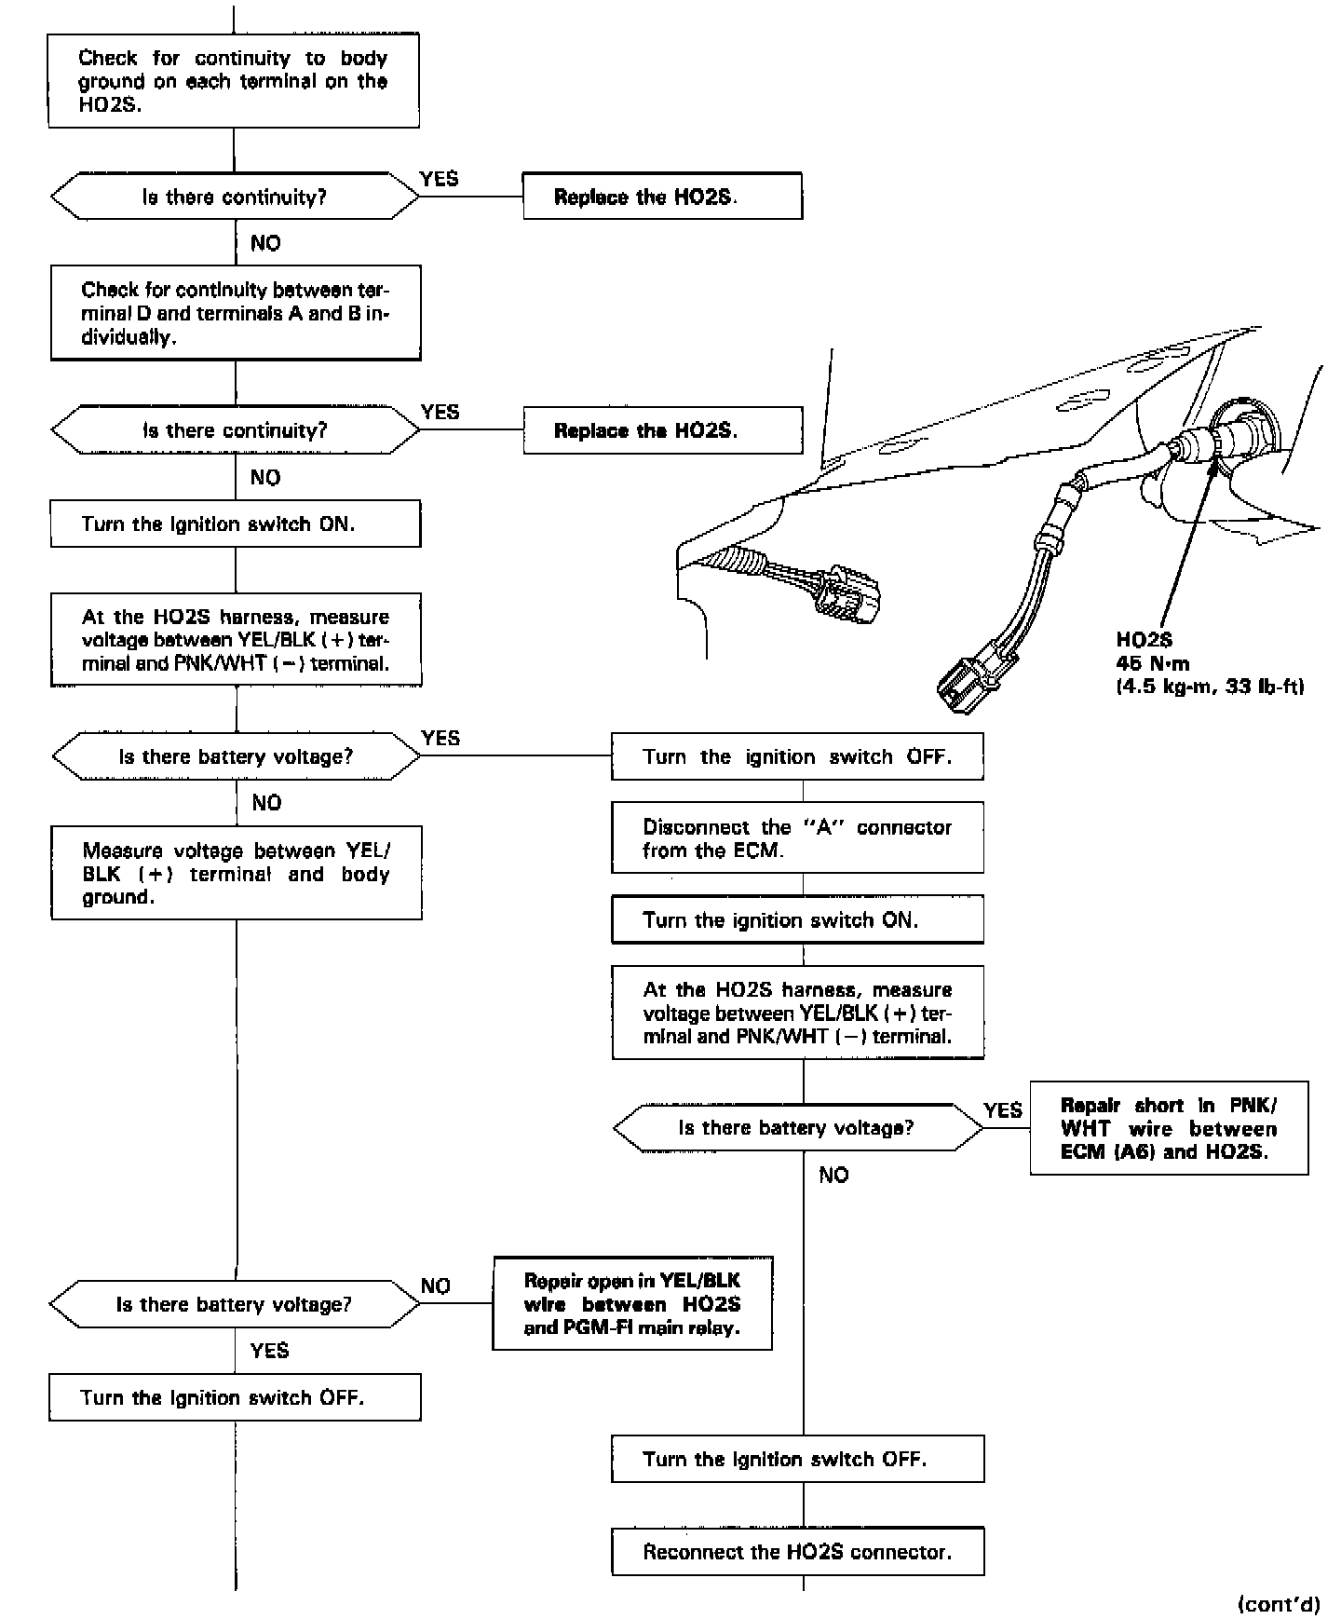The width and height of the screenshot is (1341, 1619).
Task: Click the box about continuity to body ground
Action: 233,81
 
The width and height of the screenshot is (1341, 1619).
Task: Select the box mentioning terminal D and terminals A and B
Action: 235,313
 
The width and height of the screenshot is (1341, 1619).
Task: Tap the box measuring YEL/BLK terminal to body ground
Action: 236,873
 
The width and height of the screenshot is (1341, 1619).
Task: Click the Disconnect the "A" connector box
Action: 797,837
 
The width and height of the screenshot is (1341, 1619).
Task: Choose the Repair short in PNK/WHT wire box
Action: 1169,1128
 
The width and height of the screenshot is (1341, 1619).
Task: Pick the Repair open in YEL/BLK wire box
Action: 631,1303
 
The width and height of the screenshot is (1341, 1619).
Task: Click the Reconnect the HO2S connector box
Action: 797,1552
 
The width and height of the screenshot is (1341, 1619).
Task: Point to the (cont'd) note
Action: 1279,1604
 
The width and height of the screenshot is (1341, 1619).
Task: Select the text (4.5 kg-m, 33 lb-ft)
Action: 1209,687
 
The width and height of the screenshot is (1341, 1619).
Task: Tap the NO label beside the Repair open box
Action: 435,1286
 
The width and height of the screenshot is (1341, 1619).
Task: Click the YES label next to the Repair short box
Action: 1003,1109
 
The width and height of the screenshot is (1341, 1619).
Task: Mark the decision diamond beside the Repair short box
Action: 797,1128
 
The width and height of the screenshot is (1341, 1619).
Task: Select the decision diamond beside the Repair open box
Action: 235,1304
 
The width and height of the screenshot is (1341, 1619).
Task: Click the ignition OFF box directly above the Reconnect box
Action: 797,1459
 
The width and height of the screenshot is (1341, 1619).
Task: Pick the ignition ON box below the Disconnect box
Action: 797,920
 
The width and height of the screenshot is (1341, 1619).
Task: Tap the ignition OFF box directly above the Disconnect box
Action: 797,756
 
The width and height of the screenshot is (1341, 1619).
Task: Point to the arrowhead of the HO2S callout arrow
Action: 1212,463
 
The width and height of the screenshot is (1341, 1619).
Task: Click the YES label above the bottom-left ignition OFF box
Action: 269,1350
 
